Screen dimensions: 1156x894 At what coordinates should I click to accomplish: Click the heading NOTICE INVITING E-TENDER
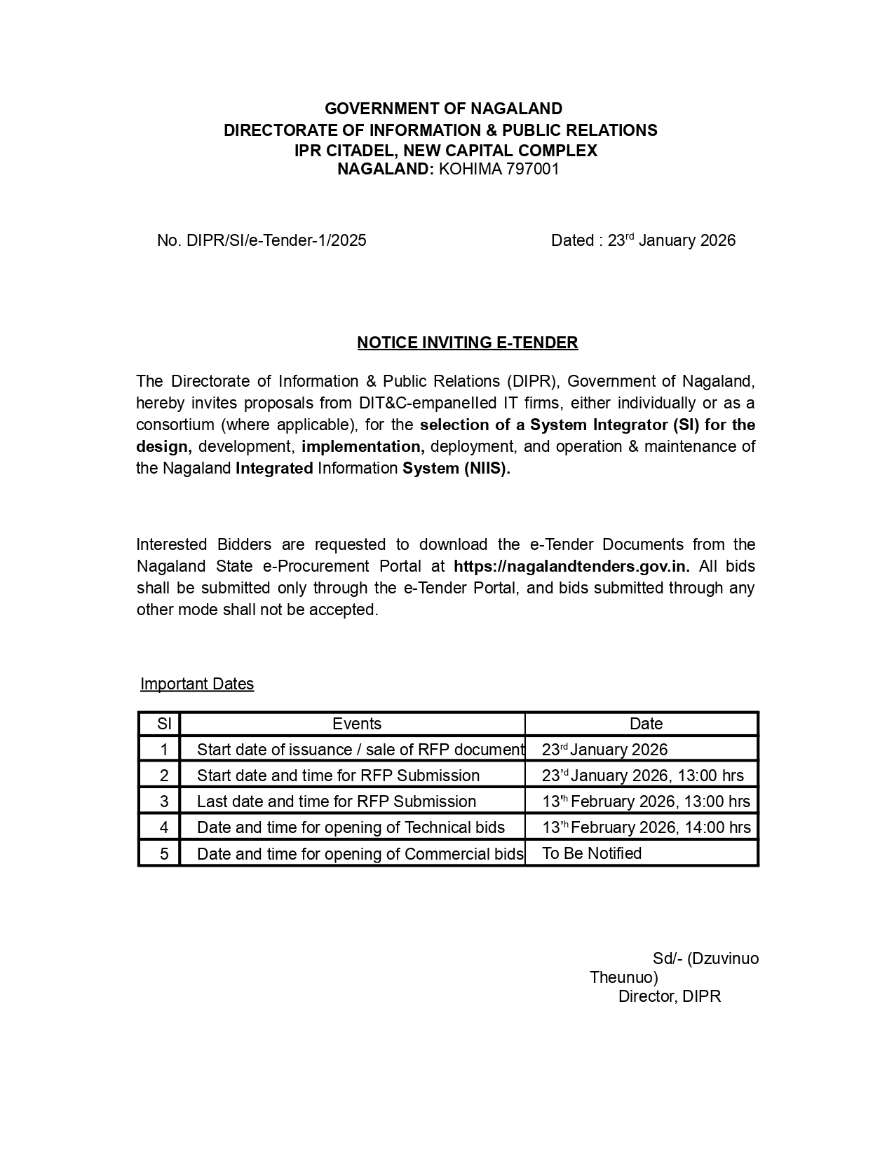point(467,343)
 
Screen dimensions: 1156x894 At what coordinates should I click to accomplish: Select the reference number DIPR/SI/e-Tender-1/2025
point(276,240)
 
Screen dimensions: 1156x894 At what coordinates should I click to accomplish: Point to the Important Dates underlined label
point(197,684)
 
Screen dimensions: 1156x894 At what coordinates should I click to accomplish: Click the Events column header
point(356,724)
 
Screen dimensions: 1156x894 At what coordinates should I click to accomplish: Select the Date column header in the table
point(646,724)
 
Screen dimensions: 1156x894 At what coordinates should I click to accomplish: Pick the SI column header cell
point(164,724)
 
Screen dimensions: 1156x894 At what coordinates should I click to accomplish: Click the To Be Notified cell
point(592,853)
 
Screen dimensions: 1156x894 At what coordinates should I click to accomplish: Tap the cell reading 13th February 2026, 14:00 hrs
point(646,827)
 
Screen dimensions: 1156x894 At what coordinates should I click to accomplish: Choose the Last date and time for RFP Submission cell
point(337,801)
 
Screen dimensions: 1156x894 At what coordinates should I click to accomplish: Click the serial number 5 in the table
point(164,853)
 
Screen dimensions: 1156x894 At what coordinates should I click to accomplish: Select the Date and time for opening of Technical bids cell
point(351,827)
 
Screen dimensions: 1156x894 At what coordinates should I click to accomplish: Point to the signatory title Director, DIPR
point(669,996)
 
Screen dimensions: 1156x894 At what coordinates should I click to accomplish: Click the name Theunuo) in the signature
point(623,977)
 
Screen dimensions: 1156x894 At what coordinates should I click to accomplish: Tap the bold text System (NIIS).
point(456,469)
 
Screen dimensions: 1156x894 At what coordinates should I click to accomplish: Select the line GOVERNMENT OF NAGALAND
point(443,109)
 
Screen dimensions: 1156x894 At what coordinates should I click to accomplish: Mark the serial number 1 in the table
point(164,750)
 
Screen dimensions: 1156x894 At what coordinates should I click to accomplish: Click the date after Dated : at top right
point(671,240)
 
